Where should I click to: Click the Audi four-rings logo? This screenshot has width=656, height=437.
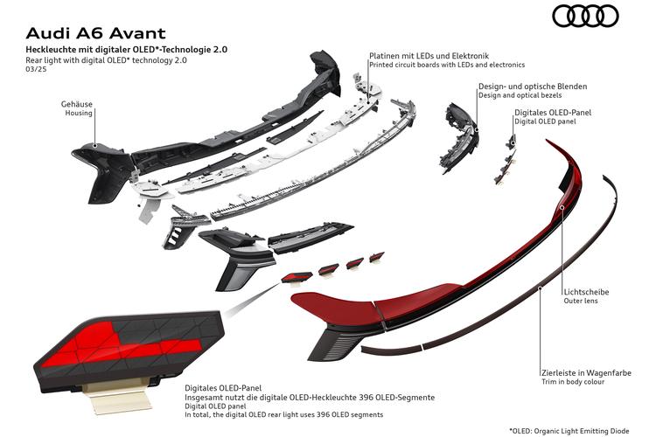coord(585,17)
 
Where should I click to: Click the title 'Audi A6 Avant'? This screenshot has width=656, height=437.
coord(96,33)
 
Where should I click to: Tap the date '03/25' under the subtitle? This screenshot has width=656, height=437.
coord(36,69)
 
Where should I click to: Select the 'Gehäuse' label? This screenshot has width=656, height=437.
coord(77,104)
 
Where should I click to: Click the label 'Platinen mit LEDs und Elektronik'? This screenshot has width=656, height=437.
coord(429,56)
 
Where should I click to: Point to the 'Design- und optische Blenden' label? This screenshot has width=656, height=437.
coord(533,87)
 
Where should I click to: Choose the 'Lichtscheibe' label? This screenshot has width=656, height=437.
coord(586,292)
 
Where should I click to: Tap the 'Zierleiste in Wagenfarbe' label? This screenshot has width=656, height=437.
coord(586,372)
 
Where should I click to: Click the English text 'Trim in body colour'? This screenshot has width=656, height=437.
coord(573,382)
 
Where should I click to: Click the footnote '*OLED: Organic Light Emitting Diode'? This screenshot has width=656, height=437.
coord(569,431)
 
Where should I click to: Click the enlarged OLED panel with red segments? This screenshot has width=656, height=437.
coord(129,350)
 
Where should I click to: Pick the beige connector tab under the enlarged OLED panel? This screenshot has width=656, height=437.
coord(118,398)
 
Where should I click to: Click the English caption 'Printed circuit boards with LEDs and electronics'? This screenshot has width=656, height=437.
coord(447,65)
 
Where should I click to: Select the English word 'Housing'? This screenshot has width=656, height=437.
coord(79,113)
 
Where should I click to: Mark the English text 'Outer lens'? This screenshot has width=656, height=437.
coord(581,301)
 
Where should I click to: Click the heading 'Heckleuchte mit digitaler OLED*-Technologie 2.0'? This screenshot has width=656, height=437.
coord(127,49)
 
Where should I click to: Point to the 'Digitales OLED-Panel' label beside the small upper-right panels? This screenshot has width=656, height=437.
coord(553,113)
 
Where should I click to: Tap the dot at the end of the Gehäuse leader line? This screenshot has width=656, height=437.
coord(95,146)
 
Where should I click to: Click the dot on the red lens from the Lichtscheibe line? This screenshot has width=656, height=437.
coord(562,207)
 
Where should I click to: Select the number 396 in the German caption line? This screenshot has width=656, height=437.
coord(366,398)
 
